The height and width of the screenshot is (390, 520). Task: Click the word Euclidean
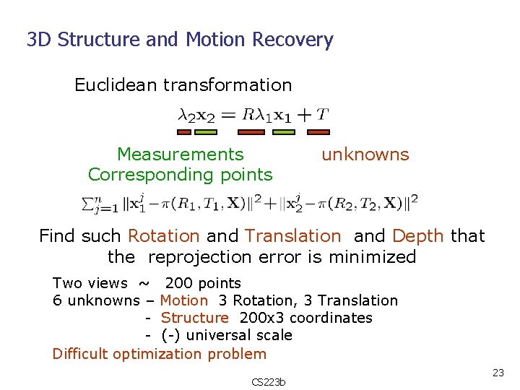coord(116,85)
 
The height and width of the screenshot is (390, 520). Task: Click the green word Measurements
coord(180,155)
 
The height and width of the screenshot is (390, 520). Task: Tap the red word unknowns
coord(365,155)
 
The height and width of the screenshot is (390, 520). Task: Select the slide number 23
coord(498,373)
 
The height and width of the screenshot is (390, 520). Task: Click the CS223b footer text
coord(268,381)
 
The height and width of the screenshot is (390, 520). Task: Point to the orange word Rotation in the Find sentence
coord(163,236)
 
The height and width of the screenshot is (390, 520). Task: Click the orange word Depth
coord(418,236)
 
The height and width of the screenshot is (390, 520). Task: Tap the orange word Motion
coord(183,300)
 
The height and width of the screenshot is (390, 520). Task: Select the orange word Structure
coord(194,318)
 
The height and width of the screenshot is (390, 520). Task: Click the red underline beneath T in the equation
coord(318,132)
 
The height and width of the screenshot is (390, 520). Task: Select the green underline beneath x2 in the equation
coord(206,132)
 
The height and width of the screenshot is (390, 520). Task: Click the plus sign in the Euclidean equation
coord(304,115)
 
